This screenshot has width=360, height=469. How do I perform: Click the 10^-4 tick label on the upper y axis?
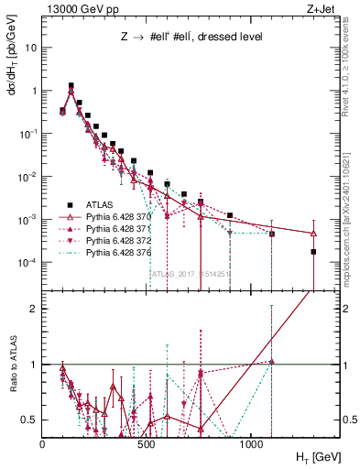pos(27,263)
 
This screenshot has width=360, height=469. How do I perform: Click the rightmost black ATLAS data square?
pos(313,251)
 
